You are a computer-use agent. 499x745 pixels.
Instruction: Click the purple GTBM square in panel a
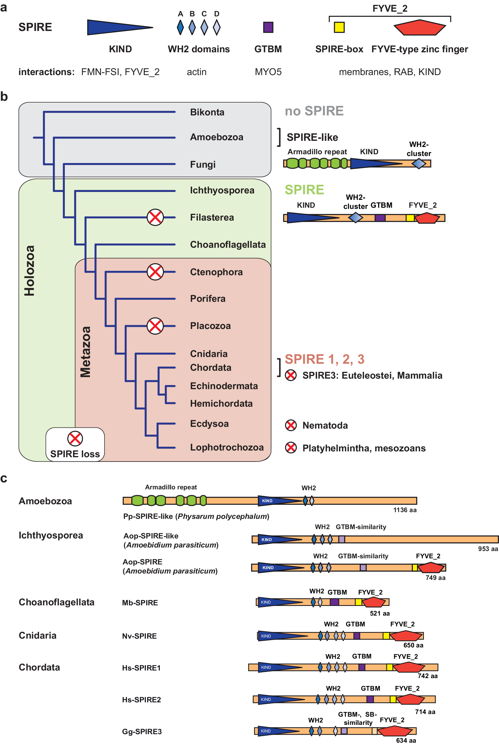(268, 27)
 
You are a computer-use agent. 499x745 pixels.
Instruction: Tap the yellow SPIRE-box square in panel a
(339, 27)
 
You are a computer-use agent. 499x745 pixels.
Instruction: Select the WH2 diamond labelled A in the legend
(180, 27)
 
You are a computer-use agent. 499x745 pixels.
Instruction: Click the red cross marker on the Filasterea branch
(155, 217)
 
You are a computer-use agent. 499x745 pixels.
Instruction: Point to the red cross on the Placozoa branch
(155, 326)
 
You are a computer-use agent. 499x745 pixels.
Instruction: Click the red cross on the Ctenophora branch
(155, 272)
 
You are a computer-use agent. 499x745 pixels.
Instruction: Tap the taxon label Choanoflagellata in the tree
(227, 245)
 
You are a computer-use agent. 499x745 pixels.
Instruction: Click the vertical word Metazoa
(85, 351)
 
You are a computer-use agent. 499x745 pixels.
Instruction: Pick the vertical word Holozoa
(29, 271)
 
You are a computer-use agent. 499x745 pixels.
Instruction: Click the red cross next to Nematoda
(291, 425)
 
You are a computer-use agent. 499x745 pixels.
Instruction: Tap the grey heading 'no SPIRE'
(314, 111)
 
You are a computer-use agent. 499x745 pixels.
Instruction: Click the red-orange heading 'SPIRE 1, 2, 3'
(324, 359)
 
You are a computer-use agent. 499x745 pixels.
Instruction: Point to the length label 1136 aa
(404, 510)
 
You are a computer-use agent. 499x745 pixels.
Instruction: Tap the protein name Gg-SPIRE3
(142, 732)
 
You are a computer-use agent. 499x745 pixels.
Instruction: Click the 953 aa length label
(488, 549)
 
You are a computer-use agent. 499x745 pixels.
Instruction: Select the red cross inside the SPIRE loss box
(75, 439)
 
